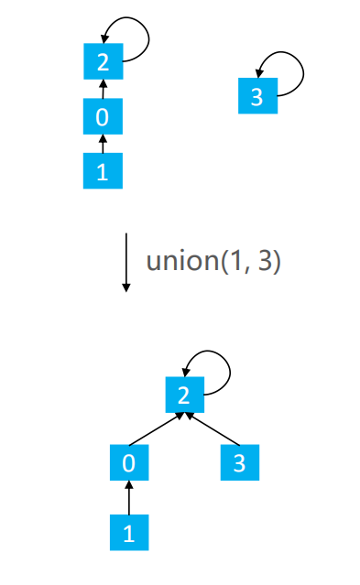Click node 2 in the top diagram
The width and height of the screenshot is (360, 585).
(103, 63)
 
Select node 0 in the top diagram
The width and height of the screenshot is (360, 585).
(103, 117)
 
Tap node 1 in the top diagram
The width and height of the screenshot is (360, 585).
(103, 171)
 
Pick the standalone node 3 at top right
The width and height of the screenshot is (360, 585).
(256, 96)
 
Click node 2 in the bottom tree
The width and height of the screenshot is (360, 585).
(184, 395)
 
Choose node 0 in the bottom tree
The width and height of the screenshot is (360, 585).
(129, 463)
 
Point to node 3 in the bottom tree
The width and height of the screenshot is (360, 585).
(240, 463)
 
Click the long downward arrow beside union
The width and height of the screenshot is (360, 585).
(126, 262)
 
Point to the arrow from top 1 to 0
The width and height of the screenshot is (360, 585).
(103, 145)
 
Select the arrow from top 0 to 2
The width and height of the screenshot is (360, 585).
(103, 90)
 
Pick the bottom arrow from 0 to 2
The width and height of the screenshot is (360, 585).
(158, 428)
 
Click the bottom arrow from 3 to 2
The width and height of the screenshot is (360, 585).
(212, 428)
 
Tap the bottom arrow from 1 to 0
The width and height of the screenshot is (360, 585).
(129, 498)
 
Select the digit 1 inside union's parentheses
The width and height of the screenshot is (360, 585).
(234, 261)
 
